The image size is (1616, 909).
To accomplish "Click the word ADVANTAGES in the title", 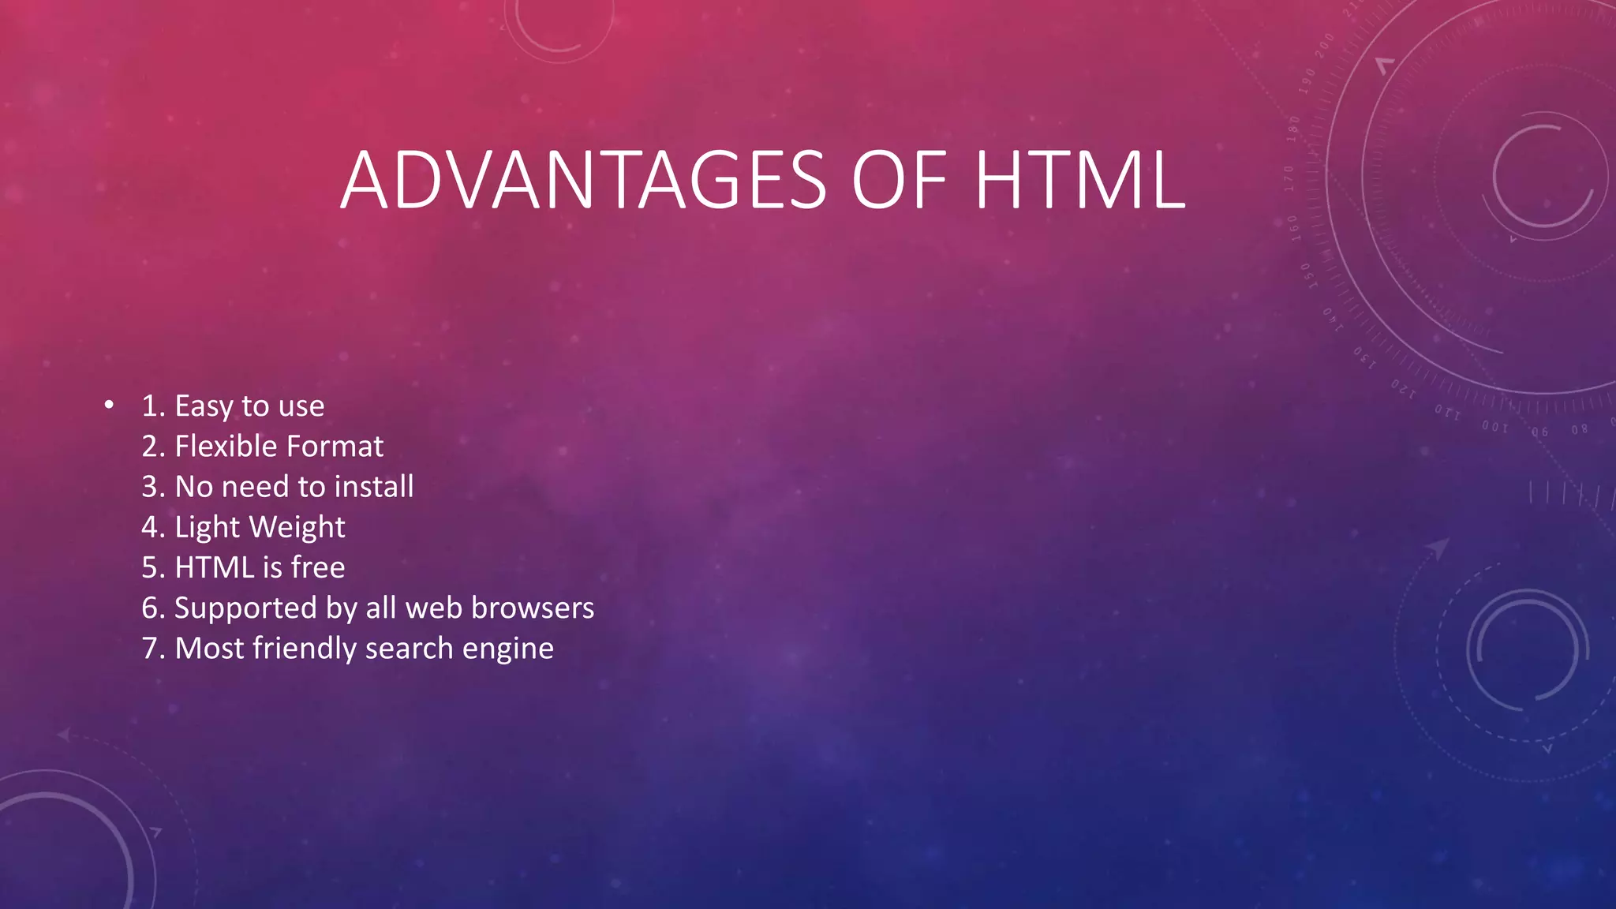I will (584, 181).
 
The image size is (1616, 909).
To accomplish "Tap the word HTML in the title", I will (1079, 181).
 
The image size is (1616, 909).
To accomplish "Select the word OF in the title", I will (900, 181).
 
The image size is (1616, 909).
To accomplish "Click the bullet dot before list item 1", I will (109, 406).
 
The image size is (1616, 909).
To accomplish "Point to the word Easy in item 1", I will (204, 406).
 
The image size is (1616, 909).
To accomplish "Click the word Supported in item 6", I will (245, 608).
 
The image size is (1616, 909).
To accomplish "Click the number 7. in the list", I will (153, 649).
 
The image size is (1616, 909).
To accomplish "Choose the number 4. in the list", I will (153, 527).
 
